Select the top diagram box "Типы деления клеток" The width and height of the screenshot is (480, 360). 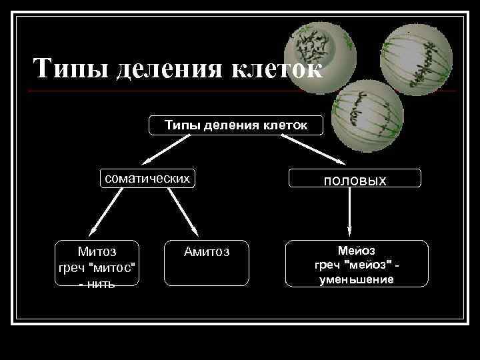click(235, 124)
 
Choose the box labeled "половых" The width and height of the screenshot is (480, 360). click(355, 179)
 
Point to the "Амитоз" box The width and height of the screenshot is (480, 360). click(207, 263)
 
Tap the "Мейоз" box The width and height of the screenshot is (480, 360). click(357, 264)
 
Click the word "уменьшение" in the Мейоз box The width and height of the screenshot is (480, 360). click(357, 279)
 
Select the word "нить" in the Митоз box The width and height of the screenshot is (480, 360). click(101, 284)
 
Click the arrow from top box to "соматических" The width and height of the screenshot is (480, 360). click(171, 149)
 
